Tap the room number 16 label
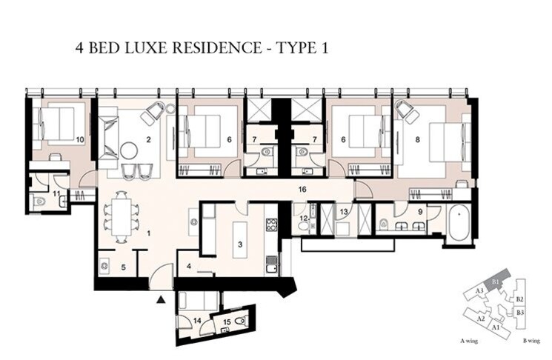coord(301,190)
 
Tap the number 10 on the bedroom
coord(79,139)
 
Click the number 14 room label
coord(196,320)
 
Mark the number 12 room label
coord(305,219)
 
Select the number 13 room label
coord(344,212)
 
